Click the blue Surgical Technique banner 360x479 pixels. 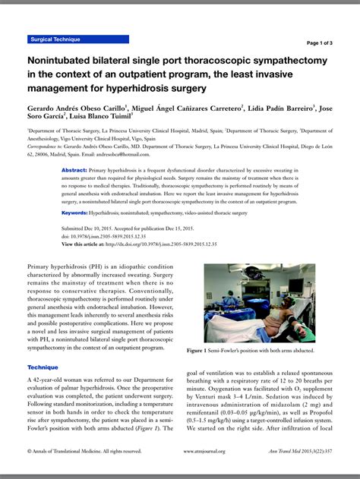(77, 39)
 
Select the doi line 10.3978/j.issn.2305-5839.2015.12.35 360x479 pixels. (114, 235)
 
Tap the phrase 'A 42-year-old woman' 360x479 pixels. (64, 380)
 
